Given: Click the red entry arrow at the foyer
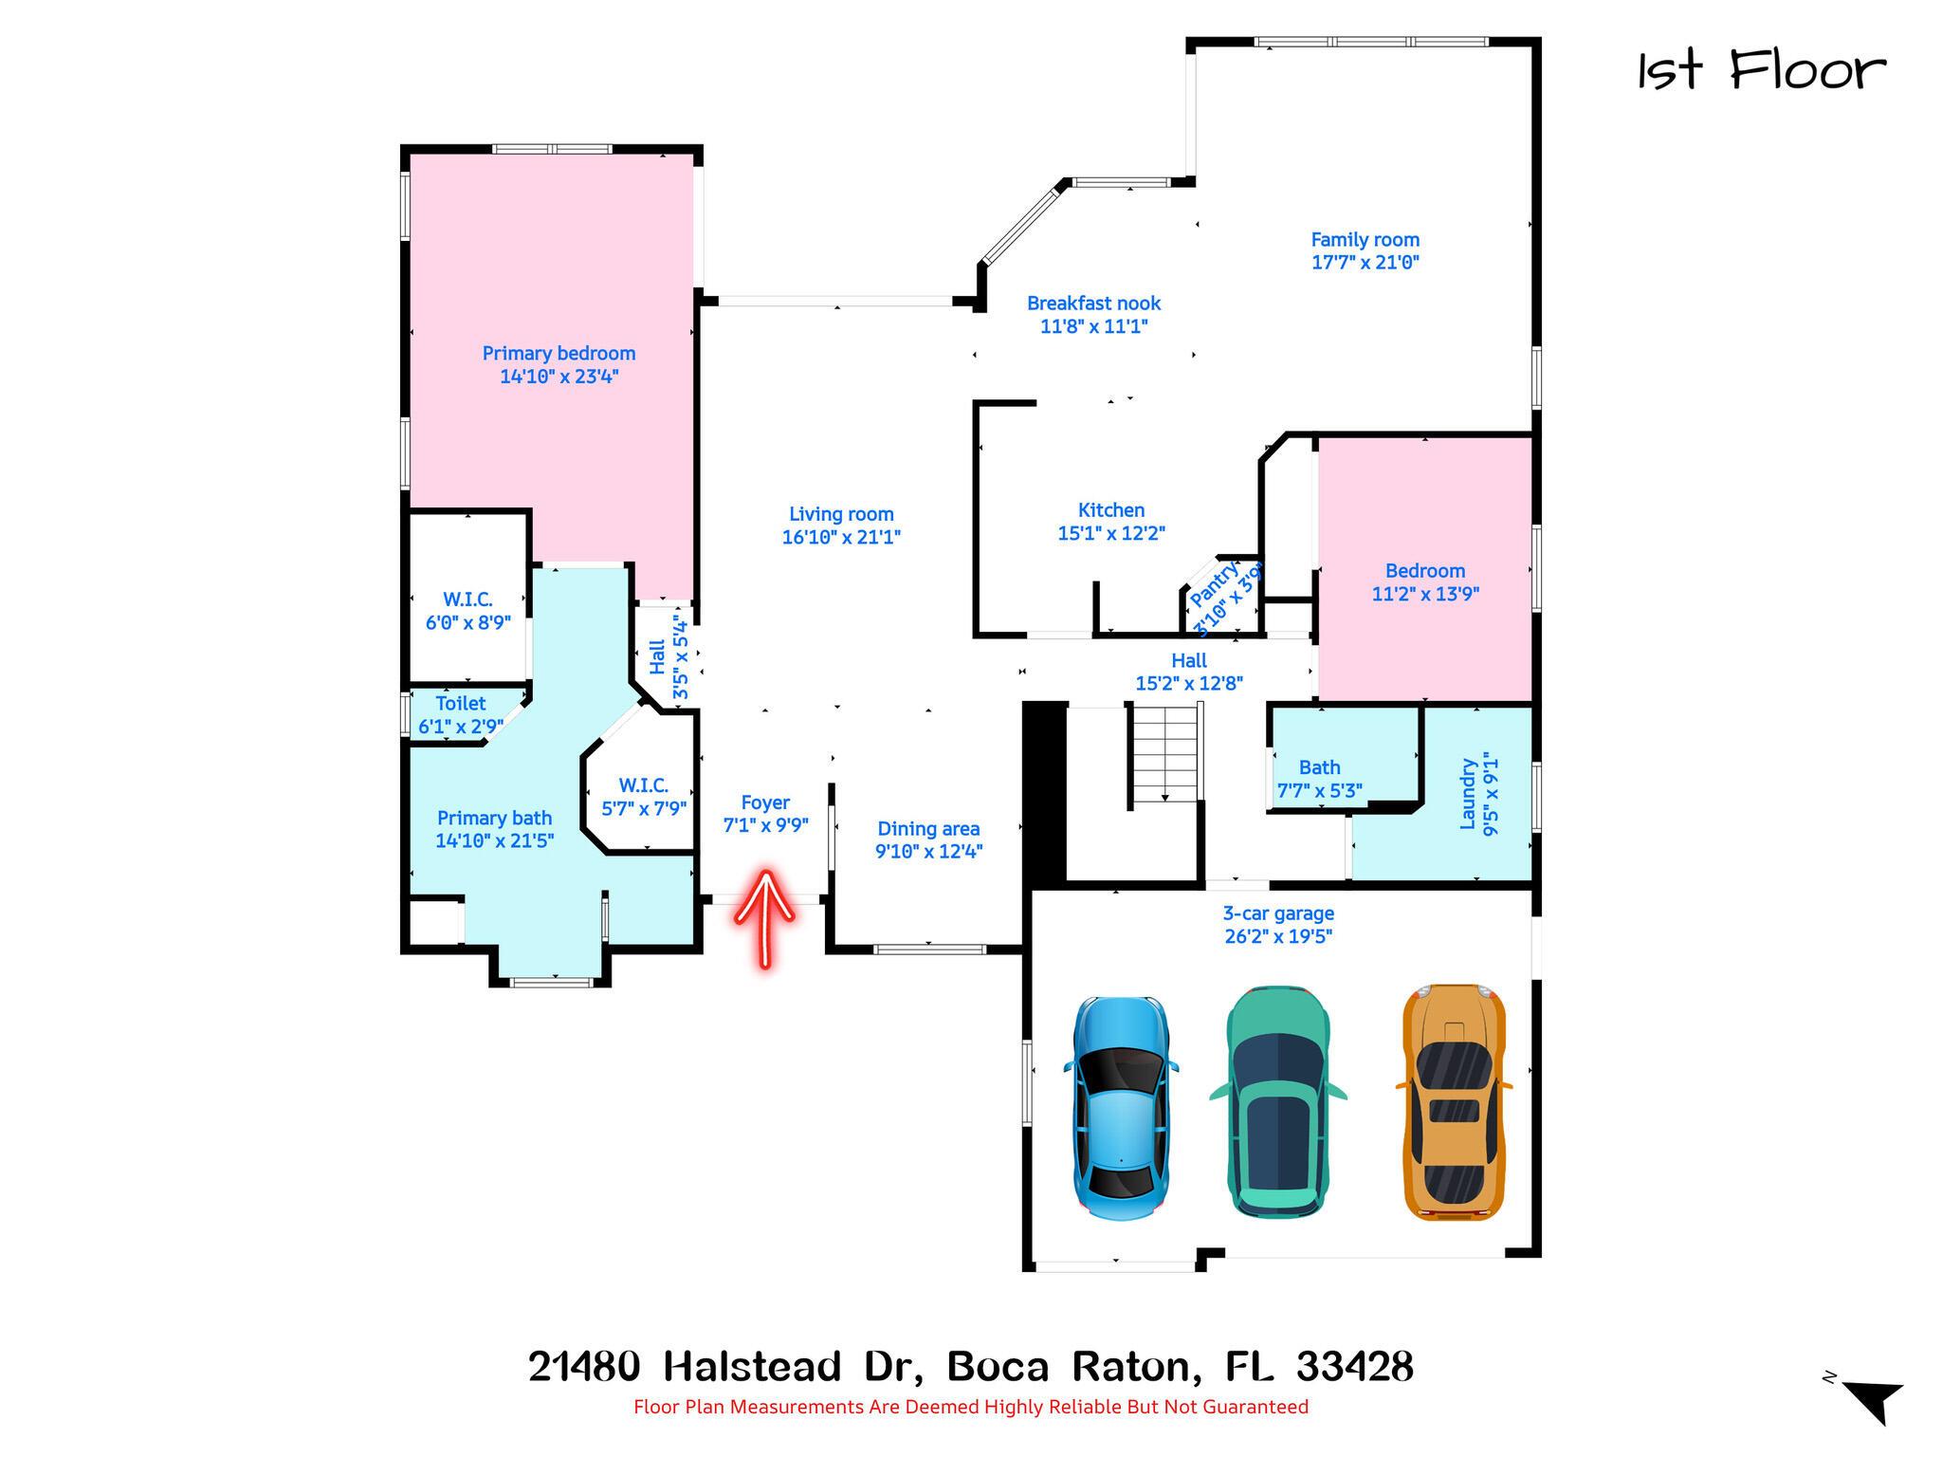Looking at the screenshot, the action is [x=764, y=918].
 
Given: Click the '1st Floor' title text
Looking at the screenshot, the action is [x=1762, y=70].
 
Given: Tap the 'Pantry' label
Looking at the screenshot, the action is [x=1214, y=584].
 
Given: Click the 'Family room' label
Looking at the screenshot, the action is [x=1365, y=240].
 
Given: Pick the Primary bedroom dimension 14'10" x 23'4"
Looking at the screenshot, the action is [x=559, y=377].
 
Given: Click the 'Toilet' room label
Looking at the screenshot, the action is [x=461, y=704].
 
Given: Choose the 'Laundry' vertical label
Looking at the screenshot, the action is [x=1467, y=793].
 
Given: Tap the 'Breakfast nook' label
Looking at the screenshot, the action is [x=1093, y=304].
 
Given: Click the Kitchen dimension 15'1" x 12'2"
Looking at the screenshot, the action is [x=1111, y=533].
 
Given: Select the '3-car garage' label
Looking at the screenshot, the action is [x=1278, y=913].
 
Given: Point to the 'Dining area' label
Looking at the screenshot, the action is [x=928, y=829].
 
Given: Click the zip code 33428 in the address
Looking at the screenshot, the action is [x=1354, y=1367].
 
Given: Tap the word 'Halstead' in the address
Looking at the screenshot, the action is [x=752, y=1367].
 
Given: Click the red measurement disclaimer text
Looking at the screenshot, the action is [x=971, y=1407].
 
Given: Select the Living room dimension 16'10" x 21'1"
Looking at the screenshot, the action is [x=841, y=537].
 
